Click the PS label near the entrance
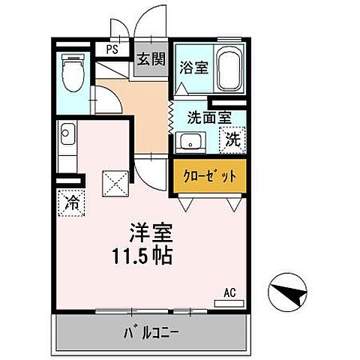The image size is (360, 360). click(112, 50)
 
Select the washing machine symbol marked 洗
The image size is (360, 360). click(232, 139)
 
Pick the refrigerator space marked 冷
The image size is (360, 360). click(73, 201)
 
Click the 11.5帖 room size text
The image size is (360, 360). click(143, 256)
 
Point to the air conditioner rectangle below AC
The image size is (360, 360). click(229, 302)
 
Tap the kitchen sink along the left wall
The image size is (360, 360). click(67, 136)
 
